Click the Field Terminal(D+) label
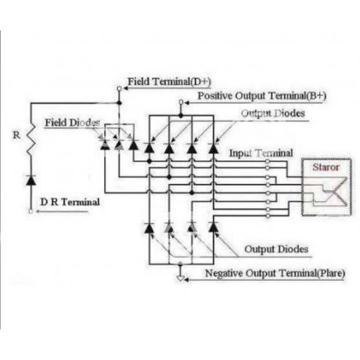169,81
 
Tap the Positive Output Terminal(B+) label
262,95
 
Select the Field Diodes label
72,123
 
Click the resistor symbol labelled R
31,140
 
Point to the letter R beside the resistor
16,135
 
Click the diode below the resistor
31,180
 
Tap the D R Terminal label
70,202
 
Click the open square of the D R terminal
31,211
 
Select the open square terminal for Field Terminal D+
119,88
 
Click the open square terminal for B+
181,102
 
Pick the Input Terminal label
261,153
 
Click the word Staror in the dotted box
326,167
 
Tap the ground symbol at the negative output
180,278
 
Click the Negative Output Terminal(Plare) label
275,273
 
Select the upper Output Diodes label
273,113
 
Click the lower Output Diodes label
276,249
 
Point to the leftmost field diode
105,145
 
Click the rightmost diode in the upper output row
214,148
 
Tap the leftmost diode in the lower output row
149,228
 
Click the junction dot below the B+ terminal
181,115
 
